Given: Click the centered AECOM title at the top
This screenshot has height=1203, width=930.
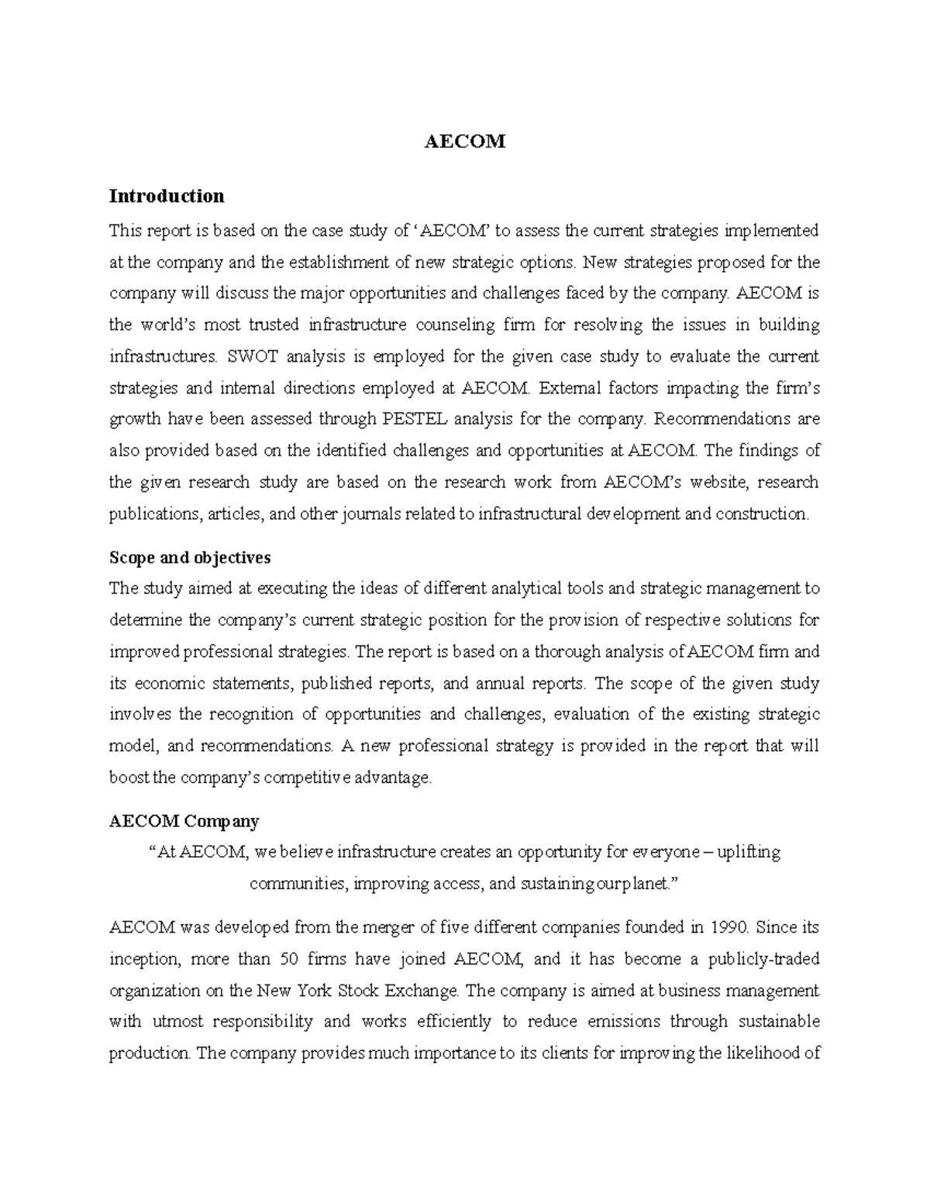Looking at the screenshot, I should pos(465,142).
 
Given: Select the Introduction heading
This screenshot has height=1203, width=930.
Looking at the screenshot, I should pos(167,196).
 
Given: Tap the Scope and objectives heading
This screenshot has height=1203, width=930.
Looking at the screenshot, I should pos(190,558).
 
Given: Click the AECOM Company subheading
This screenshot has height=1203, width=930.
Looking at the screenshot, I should pos(184,821).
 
